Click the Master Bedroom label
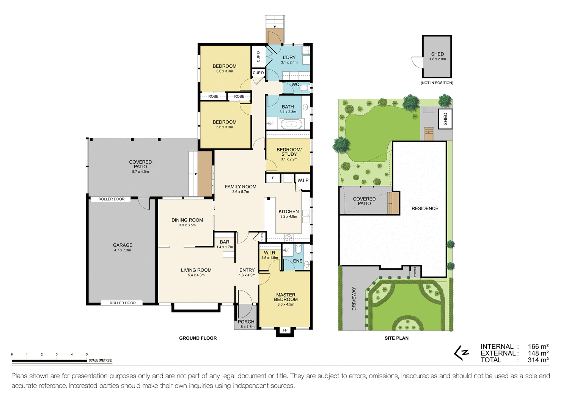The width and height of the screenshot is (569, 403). [286, 297]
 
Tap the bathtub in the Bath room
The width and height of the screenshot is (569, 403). [291, 124]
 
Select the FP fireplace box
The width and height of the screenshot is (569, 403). [285, 330]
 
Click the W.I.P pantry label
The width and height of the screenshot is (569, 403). [303, 180]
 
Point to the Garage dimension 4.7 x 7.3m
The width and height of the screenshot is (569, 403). [123, 250]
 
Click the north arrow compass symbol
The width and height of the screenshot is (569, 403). [462, 353]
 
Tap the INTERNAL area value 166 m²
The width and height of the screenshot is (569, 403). [538, 346]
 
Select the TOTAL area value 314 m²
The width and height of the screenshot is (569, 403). [538, 360]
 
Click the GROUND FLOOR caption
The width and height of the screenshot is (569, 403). [198, 338]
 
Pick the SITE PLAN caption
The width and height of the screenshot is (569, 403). [396, 338]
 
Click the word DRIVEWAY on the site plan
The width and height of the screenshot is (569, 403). [354, 299]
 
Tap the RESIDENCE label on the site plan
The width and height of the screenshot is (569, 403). [425, 209]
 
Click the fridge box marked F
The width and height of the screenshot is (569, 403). [273, 178]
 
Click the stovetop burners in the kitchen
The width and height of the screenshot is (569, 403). [289, 238]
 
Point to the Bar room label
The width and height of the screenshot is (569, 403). [225, 242]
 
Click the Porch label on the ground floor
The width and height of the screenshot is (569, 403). [246, 322]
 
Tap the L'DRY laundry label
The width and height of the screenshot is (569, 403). [289, 57]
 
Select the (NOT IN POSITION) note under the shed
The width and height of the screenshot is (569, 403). [437, 83]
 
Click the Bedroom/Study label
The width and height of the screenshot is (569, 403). [289, 152]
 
